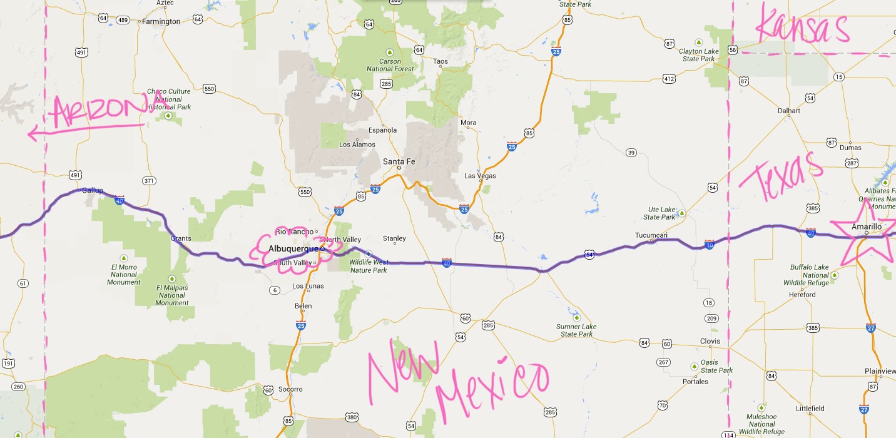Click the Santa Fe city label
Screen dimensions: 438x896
[399, 161]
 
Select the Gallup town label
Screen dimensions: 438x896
[92, 190]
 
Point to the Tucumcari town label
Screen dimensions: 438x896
[652, 235]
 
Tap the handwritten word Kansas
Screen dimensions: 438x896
[802, 28]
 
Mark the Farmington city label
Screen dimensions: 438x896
[161, 21]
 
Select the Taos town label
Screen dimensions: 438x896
[441, 61]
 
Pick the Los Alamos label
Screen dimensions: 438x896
[357, 145]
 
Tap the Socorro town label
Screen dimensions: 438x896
[290, 389]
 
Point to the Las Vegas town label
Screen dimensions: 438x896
[479, 176]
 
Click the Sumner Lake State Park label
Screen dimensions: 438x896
[576, 330]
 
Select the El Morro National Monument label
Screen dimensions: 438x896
[123, 275]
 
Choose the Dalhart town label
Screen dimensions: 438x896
[788, 111]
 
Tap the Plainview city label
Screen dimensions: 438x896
[880, 371]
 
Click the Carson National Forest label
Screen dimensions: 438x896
[390, 65]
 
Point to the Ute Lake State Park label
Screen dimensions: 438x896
[660, 213]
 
